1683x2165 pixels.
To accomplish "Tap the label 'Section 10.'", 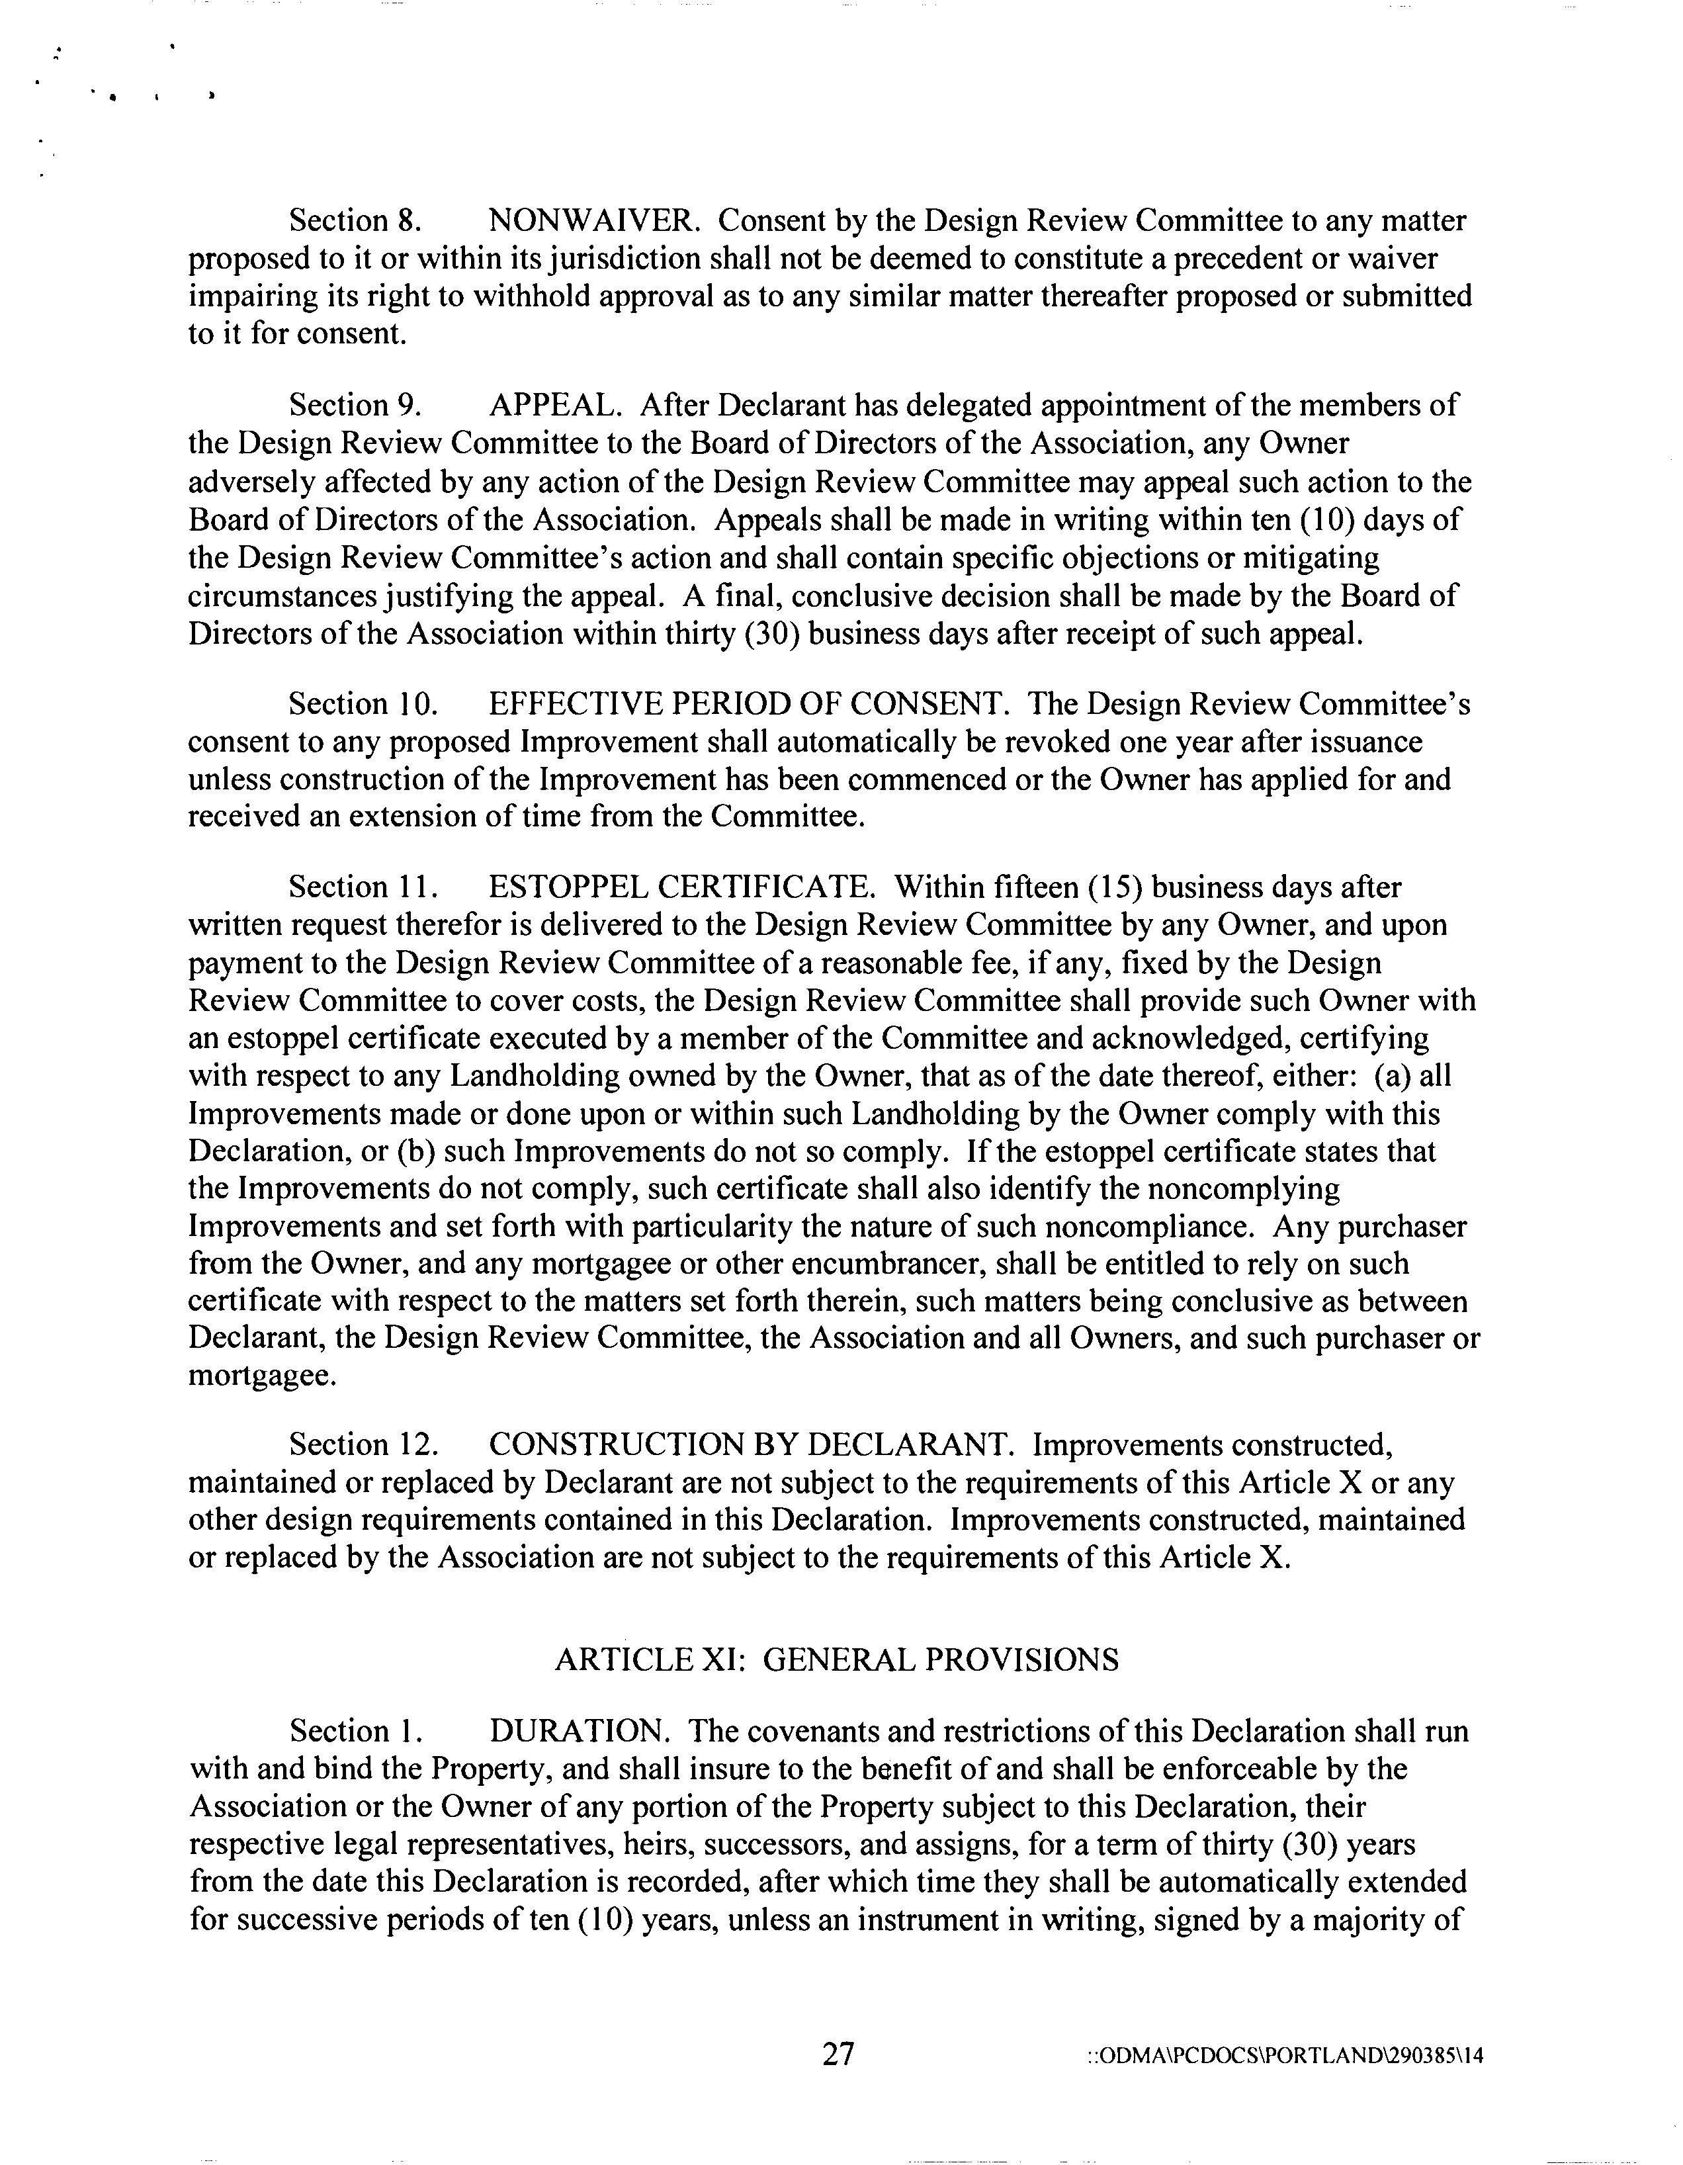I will click(363, 704).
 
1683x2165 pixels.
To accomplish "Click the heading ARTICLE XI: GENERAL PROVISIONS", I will click(837, 1659).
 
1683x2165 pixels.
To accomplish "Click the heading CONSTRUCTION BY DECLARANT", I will click(752, 1445).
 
